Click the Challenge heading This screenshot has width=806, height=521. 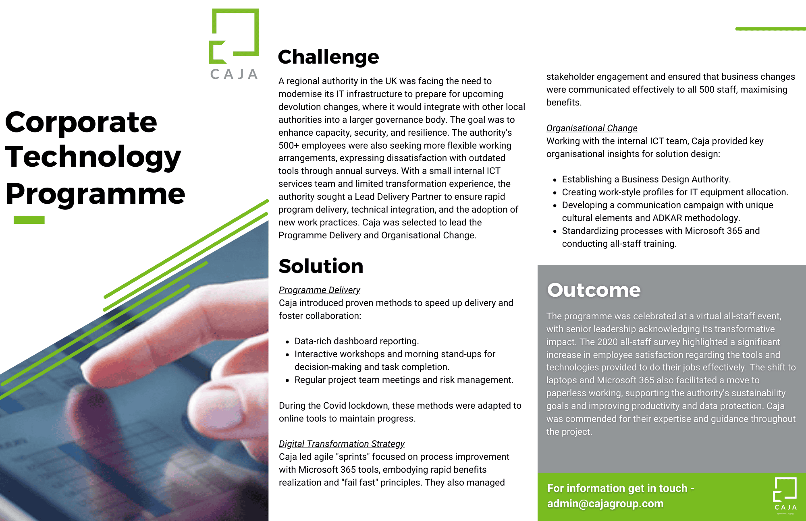click(x=328, y=57)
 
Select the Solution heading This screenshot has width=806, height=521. click(x=321, y=266)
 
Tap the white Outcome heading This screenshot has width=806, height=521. click(x=594, y=290)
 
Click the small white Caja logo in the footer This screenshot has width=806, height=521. click(x=785, y=494)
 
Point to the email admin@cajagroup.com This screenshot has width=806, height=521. click(x=605, y=504)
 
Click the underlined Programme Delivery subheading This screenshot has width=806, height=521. click(x=319, y=290)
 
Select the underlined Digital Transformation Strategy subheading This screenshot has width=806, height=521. click(x=341, y=444)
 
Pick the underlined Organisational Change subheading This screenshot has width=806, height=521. click(x=592, y=128)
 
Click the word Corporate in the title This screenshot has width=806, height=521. click(x=81, y=122)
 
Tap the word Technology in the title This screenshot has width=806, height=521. click(x=93, y=157)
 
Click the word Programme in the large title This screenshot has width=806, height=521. click(x=95, y=194)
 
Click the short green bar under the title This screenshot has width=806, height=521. click(x=29, y=220)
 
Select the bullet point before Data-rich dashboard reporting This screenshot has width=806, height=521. click(x=287, y=342)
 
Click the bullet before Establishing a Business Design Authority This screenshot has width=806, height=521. click(x=555, y=180)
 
